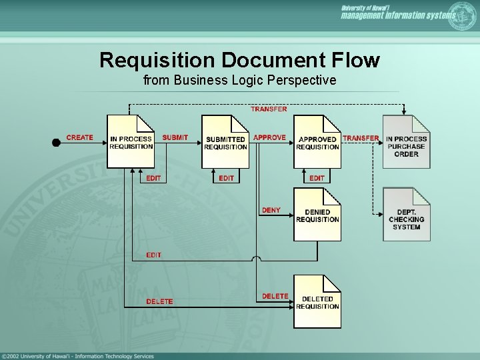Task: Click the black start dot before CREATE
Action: pyautogui.click(x=56, y=141)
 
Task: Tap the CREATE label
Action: pyautogui.click(x=80, y=137)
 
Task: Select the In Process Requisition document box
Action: pyautogui.click(x=131, y=142)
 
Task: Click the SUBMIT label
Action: pyautogui.click(x=175, y=137)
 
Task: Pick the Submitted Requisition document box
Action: pyautogui.click(x=225, y=142)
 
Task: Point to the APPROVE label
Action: pyautogui.click(x=269, y=137)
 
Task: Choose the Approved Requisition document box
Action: pyautogui.click(x=317, y=142)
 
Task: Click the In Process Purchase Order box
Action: pyautogui.click(x=407, y=142)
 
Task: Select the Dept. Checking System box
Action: pyautogui.click(x=407, y=215)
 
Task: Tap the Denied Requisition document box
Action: pyautogui.click(x=317, y=215)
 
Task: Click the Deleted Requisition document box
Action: pyautogui.click(x=317, y=302)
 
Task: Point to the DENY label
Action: pyautogui.click(x=271, y=210)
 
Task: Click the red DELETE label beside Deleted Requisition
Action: pyautogui.click(x=275, y=296)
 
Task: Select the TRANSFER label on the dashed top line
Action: pyautogui.click(x=269, y=109)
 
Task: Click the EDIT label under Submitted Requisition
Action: pyautogui.click(x=227, y=178)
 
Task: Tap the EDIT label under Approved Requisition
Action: pyautogui.click(x=317, y=178)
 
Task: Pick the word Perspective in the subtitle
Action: pyautogui.click(x=303, y=81)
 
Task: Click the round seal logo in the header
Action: pyautogui.click(x=463, y=15)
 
